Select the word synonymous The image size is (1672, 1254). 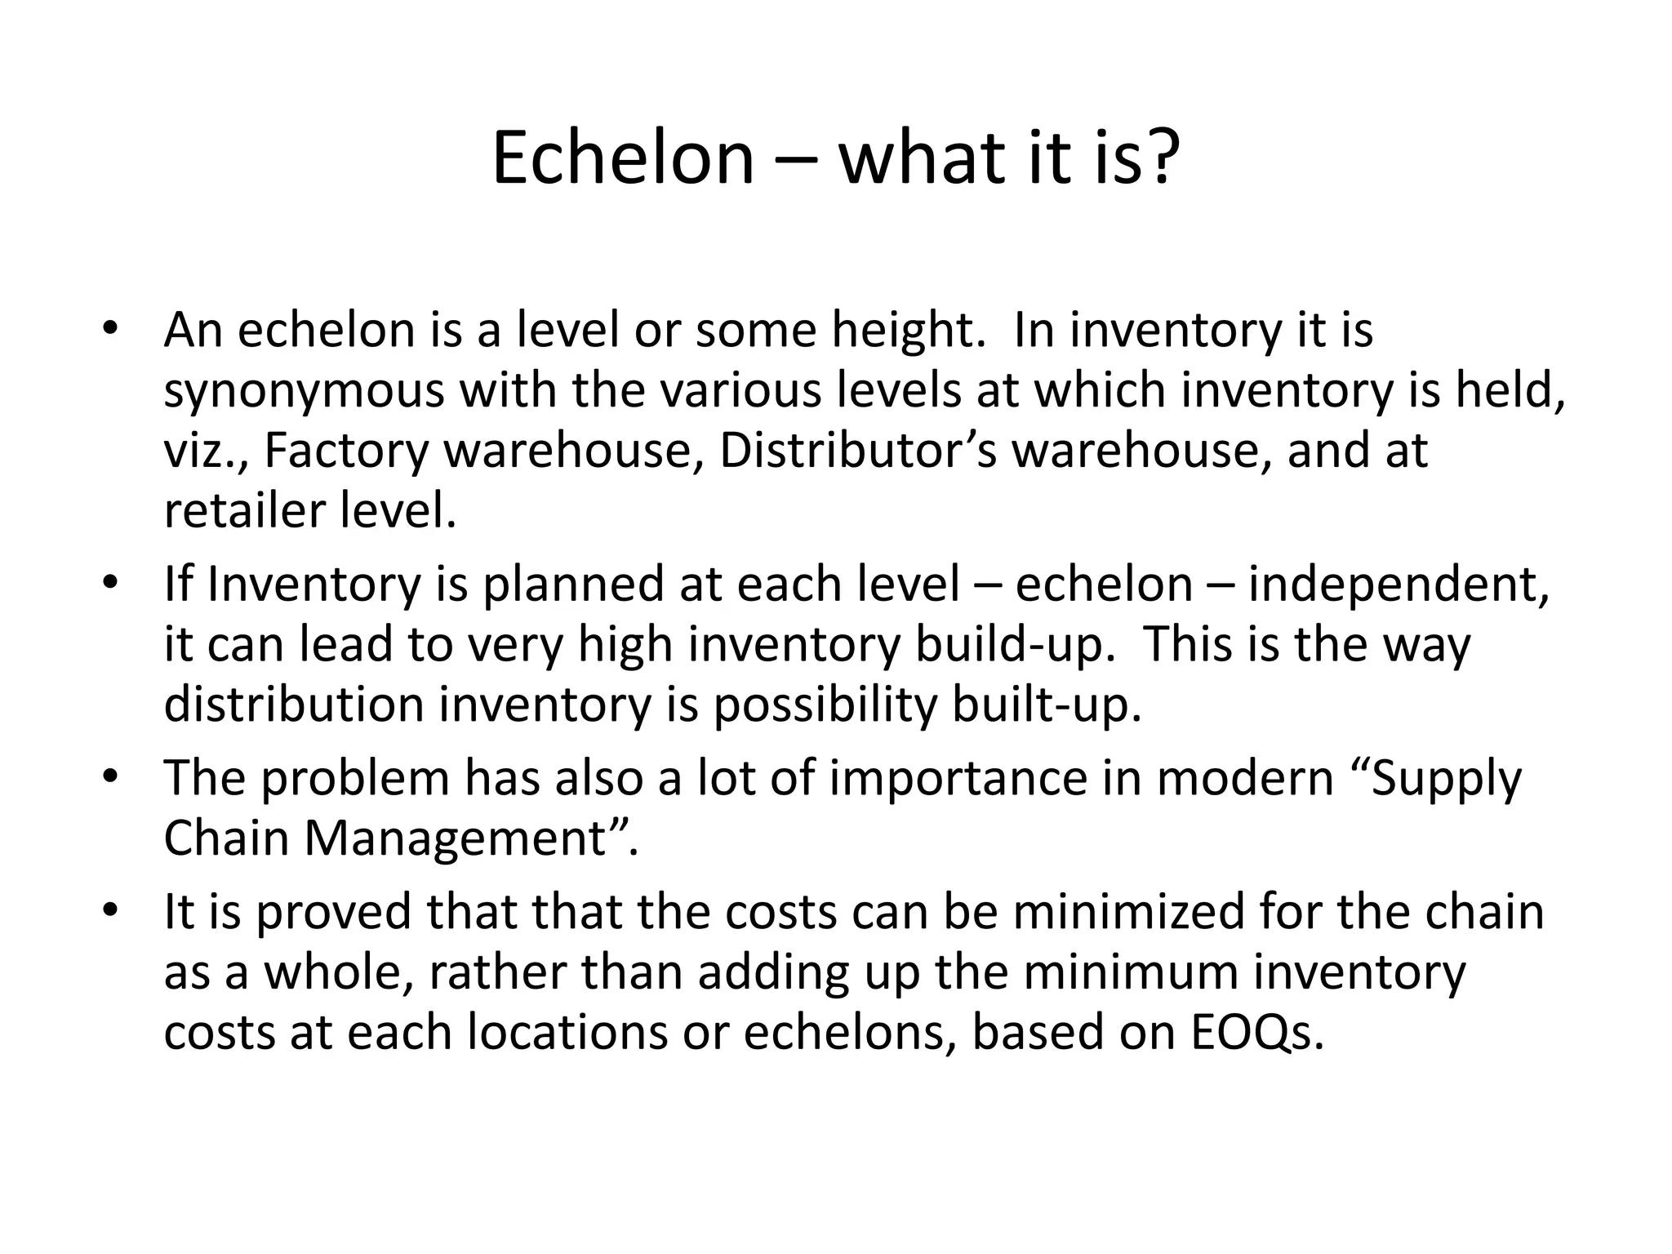[x=304, y=392]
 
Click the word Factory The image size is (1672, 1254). [x=345, y=451]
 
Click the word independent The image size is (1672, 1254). [x=1399, y=585]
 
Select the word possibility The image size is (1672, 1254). [x=825, y=705]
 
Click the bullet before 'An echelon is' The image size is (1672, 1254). [x=110, y=331]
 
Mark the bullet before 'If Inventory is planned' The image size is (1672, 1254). [x=110, y=585]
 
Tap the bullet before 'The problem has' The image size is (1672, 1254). [x=110, y=778]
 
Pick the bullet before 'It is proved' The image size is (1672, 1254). [x=110, y=912]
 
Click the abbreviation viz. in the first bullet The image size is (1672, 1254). [x=207, y=451]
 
